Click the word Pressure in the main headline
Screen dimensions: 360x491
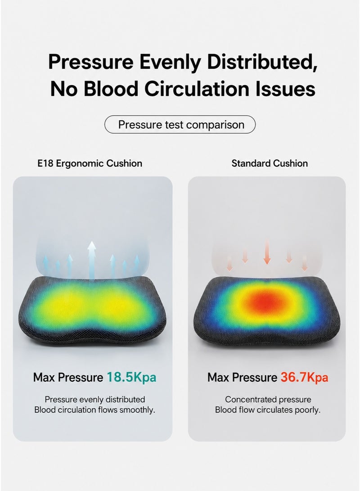(90, 62)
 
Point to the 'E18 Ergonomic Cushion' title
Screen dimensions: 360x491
(90, 163)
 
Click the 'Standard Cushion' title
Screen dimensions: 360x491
(270, 163)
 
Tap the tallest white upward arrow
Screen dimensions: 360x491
(92, 260)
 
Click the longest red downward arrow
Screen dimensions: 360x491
(267, 252)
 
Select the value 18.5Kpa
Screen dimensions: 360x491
(131, 377)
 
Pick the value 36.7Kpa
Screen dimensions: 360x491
(304, 377)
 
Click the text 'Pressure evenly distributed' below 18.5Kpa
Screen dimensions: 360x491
(95, 400)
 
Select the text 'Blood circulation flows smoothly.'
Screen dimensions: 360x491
(95, 410)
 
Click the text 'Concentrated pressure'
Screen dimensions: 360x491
(268, 400)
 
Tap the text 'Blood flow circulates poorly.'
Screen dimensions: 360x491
(268, 410)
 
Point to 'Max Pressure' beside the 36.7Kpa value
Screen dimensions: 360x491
(242, 377)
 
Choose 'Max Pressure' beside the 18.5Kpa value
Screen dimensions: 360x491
(68, 377)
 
